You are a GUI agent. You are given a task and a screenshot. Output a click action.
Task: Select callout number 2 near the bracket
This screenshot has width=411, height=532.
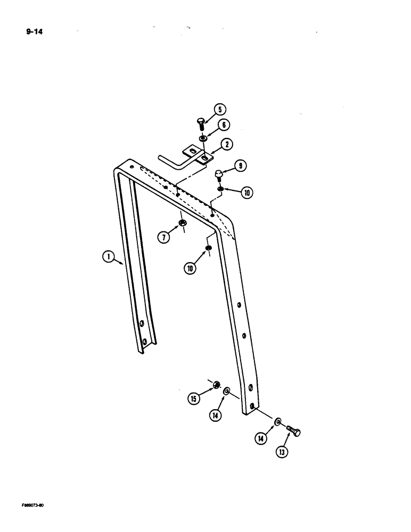pos(227,144)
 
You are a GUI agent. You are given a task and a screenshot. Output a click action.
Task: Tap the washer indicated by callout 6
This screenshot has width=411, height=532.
pos(204,139)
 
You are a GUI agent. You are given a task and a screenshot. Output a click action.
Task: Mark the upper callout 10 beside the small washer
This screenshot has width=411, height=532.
pos(247,193)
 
